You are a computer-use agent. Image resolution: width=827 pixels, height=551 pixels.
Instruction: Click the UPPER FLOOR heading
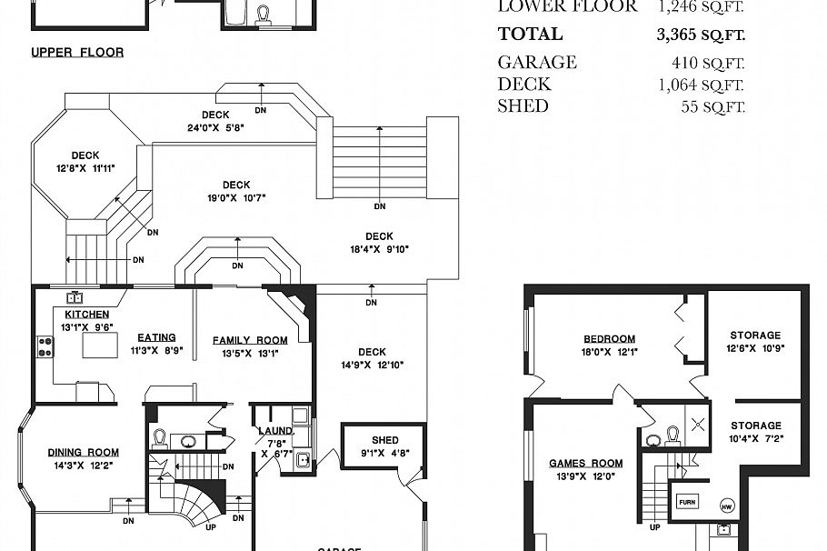[77, 53]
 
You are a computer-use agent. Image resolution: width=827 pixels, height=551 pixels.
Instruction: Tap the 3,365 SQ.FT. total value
[700, 35]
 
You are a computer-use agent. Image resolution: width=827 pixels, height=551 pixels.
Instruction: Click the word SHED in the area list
[523, 106]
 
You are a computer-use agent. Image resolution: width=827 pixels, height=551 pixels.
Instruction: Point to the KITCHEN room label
[86, 315]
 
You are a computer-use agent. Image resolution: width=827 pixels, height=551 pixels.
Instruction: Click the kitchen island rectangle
[102, 346]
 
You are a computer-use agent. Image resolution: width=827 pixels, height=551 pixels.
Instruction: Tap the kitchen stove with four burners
[45, 346]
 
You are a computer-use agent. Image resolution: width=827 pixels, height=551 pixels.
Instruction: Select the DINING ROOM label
[84, 452]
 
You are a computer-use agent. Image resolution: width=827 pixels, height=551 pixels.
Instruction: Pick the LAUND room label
[274, 431]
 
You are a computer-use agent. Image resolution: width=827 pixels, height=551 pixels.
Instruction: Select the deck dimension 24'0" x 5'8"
[215, 128]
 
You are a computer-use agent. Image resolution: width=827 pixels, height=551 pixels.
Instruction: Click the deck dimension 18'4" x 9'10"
[379, 249]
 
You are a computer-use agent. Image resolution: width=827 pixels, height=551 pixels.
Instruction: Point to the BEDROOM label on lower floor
[609, 339]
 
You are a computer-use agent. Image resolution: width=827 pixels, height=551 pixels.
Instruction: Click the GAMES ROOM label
[586, 463]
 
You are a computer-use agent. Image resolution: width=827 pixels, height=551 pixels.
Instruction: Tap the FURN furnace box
[684, 501]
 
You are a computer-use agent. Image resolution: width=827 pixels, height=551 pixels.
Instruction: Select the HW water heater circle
[726, 506]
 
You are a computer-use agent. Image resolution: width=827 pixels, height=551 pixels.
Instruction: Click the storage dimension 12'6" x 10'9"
[755, 348]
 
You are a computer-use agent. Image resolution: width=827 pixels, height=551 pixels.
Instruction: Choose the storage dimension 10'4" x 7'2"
[755, 438]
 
